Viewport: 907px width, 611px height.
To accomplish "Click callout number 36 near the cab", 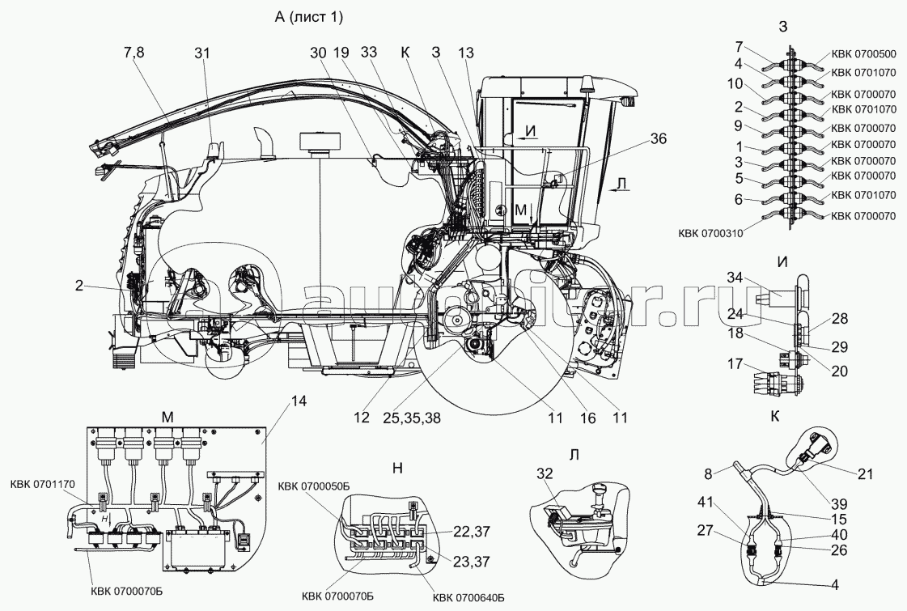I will tap(659, 138).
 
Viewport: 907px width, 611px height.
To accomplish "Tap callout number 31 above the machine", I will tap(201, 53).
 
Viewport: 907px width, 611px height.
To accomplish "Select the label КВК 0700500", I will tap(863, 56).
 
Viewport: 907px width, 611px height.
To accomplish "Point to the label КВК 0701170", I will tap(43, 484).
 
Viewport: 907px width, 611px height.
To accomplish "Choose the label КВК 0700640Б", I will tap(468, 598).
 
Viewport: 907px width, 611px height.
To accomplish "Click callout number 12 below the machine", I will tap(361, 418).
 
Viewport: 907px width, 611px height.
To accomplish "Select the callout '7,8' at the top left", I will tap(134, 53).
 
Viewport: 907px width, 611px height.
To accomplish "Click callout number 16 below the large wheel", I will tap(587, 418).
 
